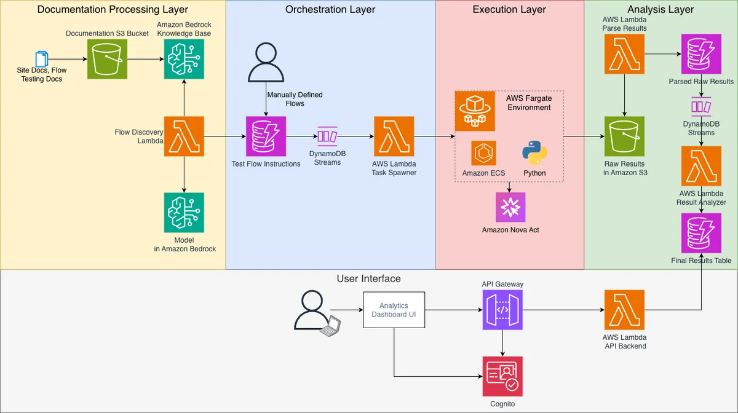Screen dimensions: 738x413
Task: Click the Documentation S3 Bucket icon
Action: coord(107,59)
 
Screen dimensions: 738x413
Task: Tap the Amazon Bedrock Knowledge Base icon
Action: coord(184,59)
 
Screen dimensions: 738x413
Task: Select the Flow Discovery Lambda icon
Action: coord(184,136)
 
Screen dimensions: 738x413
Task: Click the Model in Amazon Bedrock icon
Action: coord(184,213)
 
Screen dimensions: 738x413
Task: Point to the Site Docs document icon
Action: coord(42,58)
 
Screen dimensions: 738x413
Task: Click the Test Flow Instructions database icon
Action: coord(266,136)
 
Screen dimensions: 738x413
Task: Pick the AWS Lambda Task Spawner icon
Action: coord(394,136)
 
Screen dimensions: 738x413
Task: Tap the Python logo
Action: coord(534,153)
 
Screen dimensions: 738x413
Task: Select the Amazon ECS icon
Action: coord(483,153)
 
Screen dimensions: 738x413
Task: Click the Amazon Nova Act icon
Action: coord(510,207)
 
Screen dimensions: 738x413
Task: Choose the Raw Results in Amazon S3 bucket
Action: coord(624,136)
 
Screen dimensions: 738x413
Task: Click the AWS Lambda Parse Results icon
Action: coord(624,53)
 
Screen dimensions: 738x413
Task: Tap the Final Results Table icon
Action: coord(701,233)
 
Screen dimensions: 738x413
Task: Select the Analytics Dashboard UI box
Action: coord(394,310)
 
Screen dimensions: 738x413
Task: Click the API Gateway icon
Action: coord(502,310)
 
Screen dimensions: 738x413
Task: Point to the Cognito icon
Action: coord(502,376)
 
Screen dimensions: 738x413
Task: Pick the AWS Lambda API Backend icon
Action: coord(624,310)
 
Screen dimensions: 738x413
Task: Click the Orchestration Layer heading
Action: coord(330,9)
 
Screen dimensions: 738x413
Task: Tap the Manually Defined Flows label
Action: coord(295,99)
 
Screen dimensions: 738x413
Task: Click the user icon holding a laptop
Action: coord(317,313)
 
